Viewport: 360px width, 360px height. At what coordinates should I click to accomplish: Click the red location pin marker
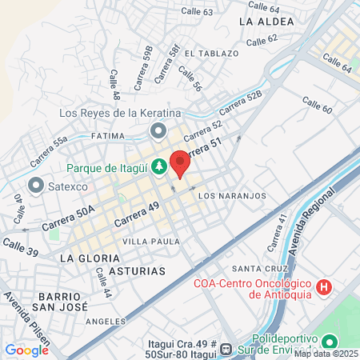(180, 163)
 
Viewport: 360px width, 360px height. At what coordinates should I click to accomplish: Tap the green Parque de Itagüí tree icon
(159, 166)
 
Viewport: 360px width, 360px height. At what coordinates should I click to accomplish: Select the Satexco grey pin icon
(35, 186)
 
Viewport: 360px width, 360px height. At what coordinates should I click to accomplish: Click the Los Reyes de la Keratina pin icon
(158, 130)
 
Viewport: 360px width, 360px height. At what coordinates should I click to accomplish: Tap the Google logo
(26, 350)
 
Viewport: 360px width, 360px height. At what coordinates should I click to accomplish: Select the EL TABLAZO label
(211, 53)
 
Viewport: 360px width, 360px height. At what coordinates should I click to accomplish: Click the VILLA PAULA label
(146, 240)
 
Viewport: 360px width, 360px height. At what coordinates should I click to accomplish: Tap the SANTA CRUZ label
(254, 268)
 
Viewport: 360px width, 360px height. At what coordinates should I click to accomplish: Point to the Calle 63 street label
(197, 11)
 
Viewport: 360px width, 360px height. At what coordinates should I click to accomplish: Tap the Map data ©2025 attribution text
(326, 354)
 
